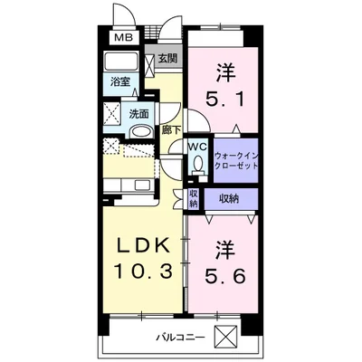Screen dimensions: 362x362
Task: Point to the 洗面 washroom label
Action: coord(138,114)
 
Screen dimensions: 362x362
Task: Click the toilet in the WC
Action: coord(196,165)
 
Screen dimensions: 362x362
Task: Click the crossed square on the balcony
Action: coord(250,337)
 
